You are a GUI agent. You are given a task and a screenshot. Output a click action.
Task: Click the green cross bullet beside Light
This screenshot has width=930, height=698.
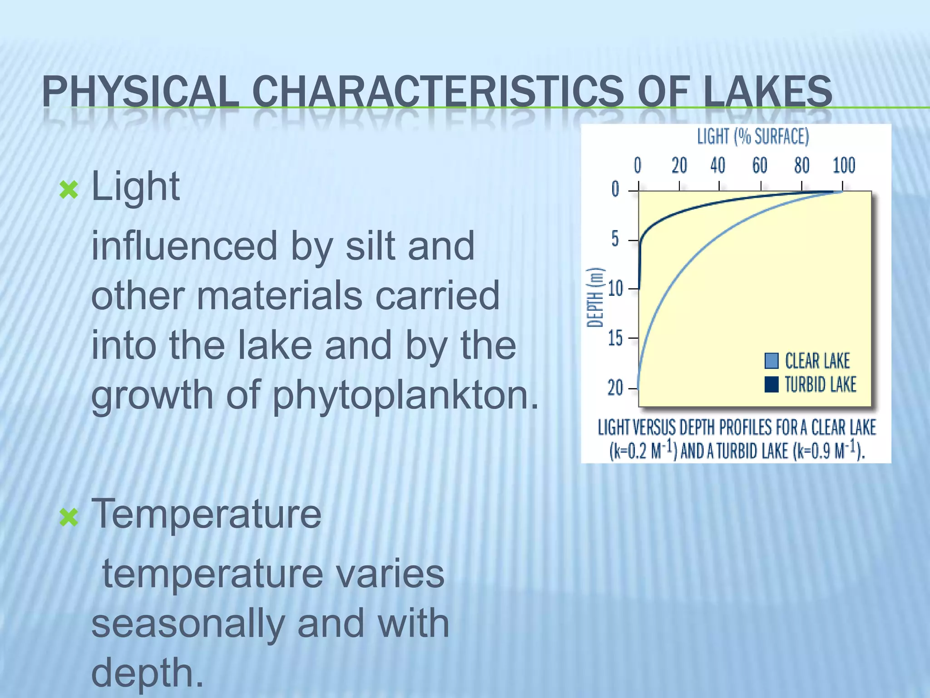point(69,190)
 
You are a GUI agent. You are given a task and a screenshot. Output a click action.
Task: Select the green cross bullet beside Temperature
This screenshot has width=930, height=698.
point(69,517)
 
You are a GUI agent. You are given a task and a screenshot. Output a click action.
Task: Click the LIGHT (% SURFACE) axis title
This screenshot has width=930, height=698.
point(753,136)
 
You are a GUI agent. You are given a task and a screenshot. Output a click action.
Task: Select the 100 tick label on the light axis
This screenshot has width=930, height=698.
point(844,165)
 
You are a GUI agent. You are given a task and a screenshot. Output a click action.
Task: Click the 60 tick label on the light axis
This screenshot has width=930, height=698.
point(760,165)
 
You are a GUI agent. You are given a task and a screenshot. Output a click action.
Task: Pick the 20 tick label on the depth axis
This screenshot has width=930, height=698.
point(615,388)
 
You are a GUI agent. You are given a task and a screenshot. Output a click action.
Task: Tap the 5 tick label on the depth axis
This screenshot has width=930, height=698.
point(615,239)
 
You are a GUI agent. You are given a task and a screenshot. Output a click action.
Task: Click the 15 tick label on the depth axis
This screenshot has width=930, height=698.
point(615,338)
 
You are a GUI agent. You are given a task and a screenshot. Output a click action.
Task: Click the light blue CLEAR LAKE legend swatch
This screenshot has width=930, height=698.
point(772,361)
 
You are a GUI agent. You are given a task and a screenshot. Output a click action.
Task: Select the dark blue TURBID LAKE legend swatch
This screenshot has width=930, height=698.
point(772,384)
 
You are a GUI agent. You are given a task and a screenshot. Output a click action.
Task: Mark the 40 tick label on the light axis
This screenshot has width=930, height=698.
point(718,165)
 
